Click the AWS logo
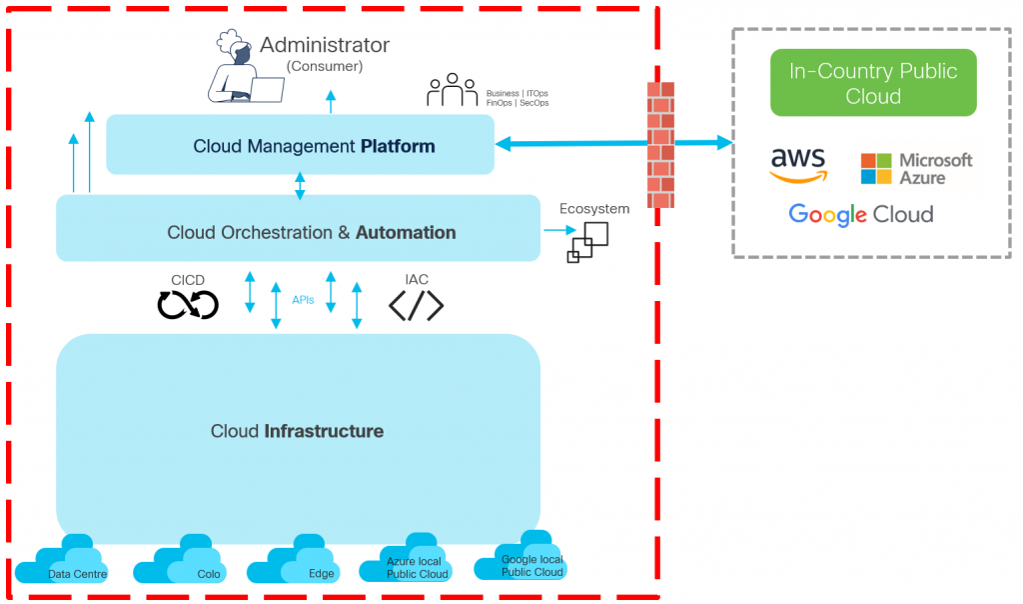point(798,165)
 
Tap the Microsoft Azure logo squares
point(875,168)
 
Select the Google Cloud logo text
point(860,214)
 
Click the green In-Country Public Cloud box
point(873,84)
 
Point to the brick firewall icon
point(660,144)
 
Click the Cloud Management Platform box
point(301,146)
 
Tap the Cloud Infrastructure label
point(297,432)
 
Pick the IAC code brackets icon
point(416,304)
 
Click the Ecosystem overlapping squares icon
point(587,241)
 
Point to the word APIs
point(304,299)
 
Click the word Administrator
point(325,45)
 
